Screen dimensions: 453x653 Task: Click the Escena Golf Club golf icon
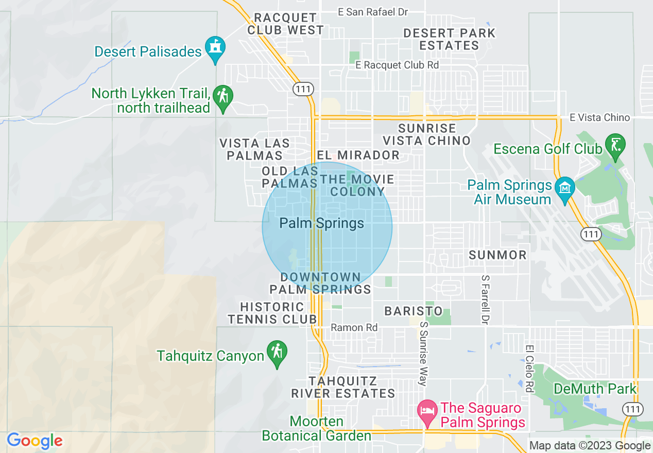pos(615,145)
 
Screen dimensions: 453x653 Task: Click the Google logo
pos(35,441)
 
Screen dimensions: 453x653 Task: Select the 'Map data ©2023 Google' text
pos(590,446)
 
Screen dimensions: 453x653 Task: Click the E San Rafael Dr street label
pos(373,12)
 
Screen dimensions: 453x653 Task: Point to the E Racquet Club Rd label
pos(397,65)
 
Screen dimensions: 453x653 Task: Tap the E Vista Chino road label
pos(599,117)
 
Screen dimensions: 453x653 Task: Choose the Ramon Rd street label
pos(354,327)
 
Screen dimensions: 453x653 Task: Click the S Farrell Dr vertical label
pos(484,299)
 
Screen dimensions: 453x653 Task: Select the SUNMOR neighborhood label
pos(497,255)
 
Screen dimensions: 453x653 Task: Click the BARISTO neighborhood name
pos(414,311)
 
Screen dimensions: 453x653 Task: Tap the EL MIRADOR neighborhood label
pos(358,155)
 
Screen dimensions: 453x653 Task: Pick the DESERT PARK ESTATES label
pos(449,39)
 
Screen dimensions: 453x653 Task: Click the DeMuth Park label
pos(595,389)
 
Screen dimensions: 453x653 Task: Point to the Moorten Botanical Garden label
pos(316,428)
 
